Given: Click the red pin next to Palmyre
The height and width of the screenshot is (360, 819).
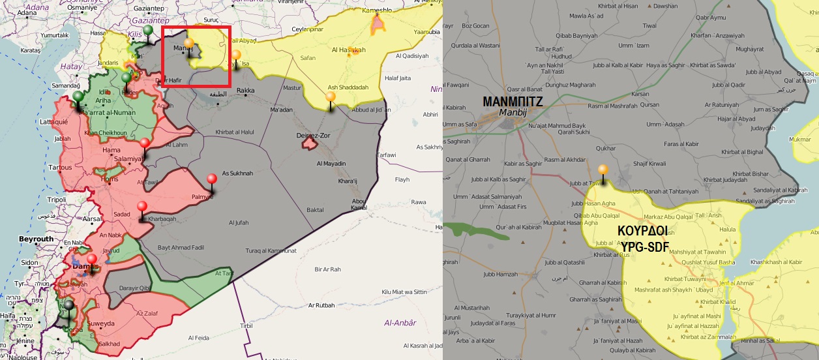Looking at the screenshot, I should tap(211, 180).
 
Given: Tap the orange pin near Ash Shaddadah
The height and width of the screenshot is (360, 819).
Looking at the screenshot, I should tap(331, 98).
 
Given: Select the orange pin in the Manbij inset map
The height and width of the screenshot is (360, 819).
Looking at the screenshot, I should tap(603, 171).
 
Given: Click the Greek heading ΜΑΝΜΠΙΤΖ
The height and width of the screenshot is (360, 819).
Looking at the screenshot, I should tap(512, 101).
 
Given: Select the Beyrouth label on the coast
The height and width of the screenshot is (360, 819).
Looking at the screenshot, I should tap(36, 239).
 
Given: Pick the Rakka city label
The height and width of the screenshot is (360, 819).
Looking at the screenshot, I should tap(245, 90).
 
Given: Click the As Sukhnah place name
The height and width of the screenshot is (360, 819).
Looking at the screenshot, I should tap(237, 173).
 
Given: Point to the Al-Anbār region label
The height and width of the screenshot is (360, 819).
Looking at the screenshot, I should tap(400, 322).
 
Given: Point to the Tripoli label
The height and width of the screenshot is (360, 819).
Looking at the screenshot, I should tap(57, 199).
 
